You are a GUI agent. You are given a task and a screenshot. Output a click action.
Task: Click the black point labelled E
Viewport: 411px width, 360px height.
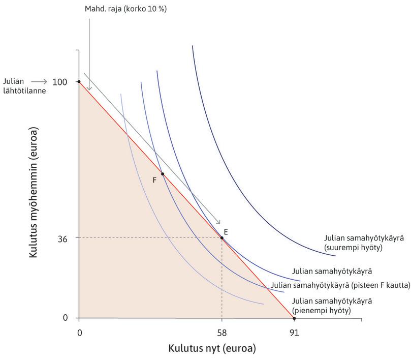[222, 237]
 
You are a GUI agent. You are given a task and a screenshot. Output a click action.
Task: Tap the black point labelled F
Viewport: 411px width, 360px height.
[163, 174]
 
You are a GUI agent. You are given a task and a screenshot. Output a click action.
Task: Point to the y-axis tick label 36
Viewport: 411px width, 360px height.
[64, 237]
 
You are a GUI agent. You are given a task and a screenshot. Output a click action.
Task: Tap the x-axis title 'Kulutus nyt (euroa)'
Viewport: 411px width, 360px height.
[212, 349]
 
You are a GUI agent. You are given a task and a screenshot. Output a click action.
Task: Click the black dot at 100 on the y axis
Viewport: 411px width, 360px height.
[79, 81]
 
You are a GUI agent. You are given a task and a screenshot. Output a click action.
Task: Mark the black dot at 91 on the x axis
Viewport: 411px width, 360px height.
[294, 318]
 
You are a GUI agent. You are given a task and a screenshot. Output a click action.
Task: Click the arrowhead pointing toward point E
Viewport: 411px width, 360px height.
[218, 222]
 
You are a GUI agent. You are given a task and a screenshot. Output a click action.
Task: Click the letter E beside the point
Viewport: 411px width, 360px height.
[226, 232]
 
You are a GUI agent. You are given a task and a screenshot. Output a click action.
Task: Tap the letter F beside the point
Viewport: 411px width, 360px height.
[154, 179]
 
